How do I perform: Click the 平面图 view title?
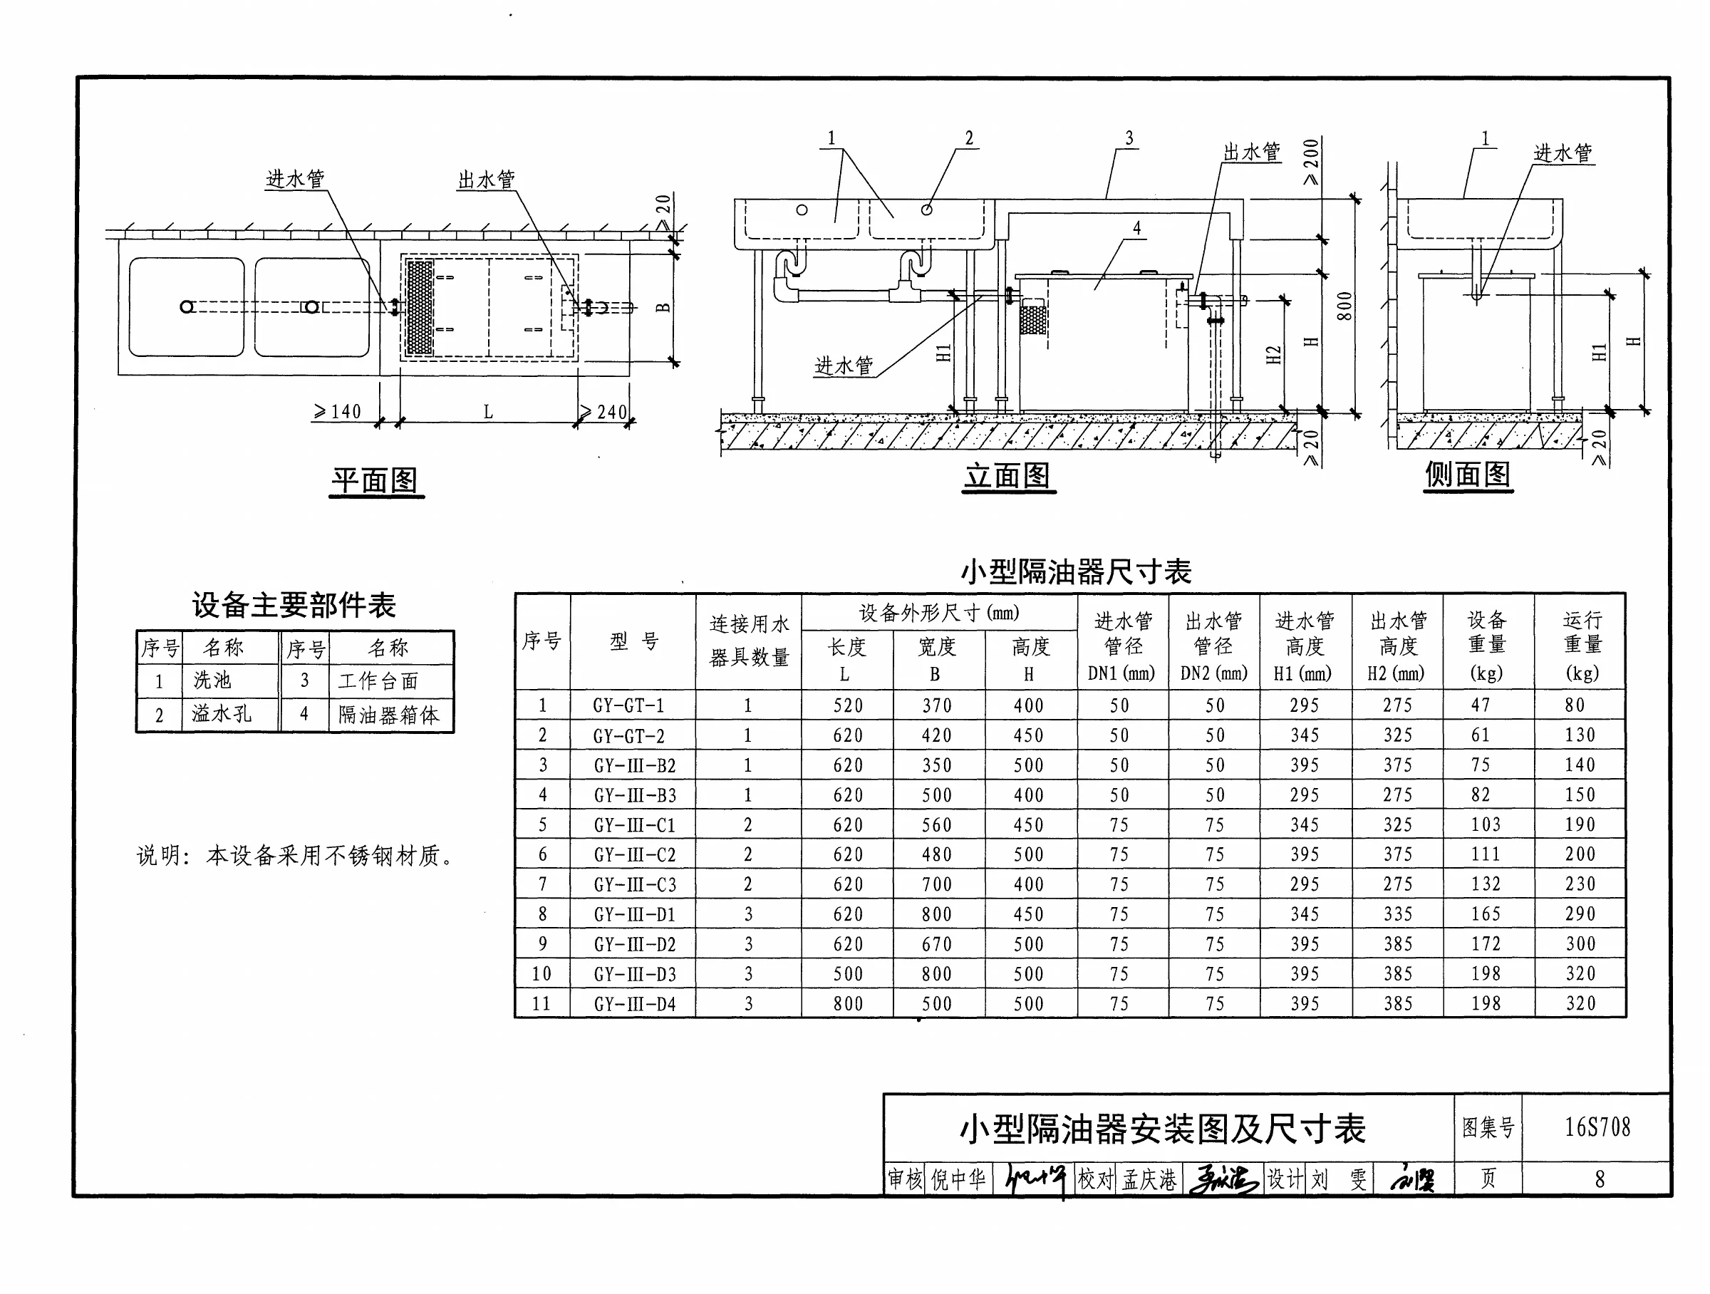click(x=375, y=480)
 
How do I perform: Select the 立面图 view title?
click(x=1007, y=475)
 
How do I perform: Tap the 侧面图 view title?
click(x=1467, y=474)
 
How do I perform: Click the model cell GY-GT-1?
click(x=628, y=705)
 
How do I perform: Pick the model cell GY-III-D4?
click(x=635, y=1003)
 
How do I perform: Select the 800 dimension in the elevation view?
click(x=1344, y=306)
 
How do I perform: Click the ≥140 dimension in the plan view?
click(x=337, y=411)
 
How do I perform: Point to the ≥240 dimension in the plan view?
click(x=603, y=411)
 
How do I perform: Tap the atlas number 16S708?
click(x=1597, y=1127)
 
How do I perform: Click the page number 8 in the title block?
click(x=1600, y=1179)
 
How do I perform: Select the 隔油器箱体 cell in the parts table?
click(x=389, y=714)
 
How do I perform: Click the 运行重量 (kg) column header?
click(x=1582, y=646)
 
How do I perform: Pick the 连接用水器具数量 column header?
click(x=749, y=641)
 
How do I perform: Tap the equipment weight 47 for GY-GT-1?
click(x=1481, y=705)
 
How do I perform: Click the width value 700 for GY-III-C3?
click(x=936, y=884)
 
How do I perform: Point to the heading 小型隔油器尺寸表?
click(x=1075, y=572)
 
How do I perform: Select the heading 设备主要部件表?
click(x=294, y=604)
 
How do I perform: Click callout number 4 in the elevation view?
click(x=1136, y=228)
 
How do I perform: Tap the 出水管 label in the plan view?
click(x=486, y=180)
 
